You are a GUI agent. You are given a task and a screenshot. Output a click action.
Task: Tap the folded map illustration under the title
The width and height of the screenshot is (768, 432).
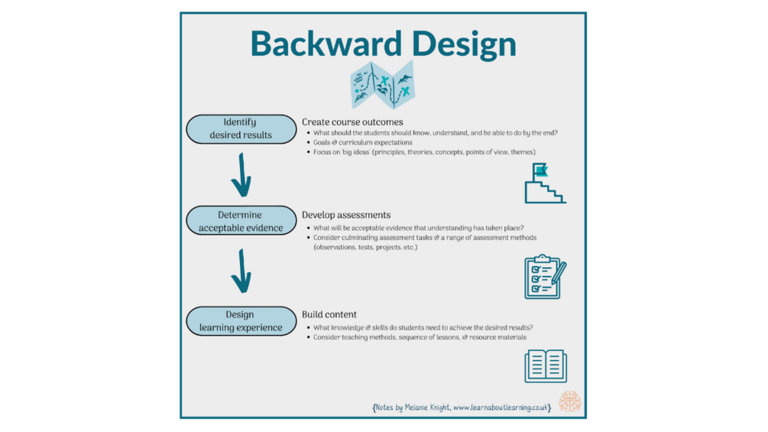(382, 85)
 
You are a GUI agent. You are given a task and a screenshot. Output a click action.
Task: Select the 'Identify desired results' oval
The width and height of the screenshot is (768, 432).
(241, 128)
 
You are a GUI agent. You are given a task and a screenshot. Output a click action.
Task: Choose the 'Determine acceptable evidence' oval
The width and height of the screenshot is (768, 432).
(241, 221)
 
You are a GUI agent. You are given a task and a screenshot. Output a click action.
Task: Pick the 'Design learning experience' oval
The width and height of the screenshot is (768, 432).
(241, 320)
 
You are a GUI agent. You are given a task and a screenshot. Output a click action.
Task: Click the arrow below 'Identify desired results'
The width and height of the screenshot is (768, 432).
(240, 174)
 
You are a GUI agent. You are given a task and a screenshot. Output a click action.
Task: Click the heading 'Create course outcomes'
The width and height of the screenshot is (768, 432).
(352, 122)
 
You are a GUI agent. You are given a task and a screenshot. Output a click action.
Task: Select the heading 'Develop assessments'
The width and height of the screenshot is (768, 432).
(346, 215)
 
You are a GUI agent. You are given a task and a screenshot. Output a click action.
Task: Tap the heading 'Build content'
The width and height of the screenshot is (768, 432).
(329, 314)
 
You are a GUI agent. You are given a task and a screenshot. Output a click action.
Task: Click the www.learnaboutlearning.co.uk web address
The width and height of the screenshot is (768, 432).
(501, 408)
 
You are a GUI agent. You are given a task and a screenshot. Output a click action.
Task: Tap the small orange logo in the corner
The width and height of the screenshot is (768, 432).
(570, 401)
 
